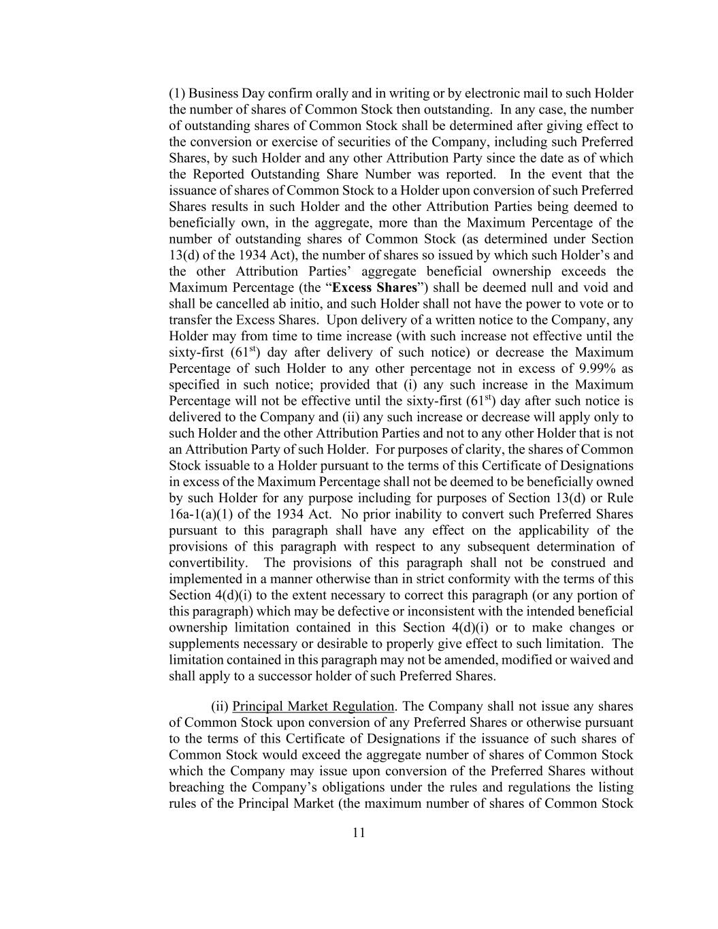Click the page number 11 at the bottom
point(359,832)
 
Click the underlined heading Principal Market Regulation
point(313,706)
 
